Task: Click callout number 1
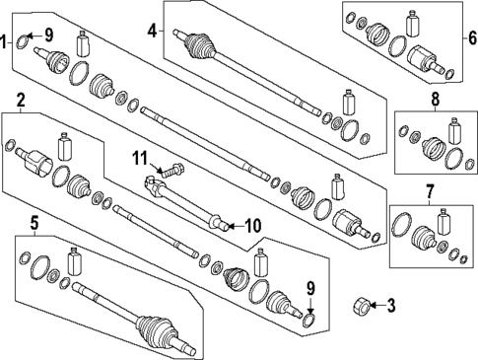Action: (5, 40)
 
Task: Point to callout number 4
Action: (152, 31)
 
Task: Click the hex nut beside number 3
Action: (360, 306)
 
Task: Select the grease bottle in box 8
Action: (454, 132)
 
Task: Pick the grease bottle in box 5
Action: (74, 262)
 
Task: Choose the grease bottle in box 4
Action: (347, 104)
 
